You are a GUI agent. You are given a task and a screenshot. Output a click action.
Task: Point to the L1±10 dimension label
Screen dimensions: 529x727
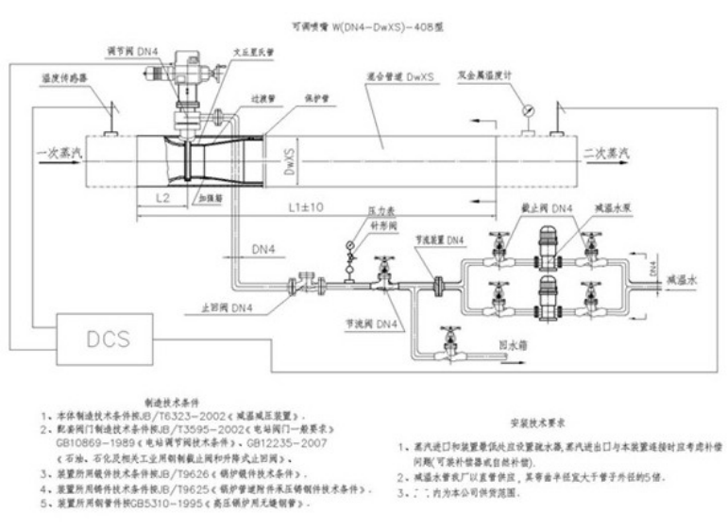click(x=306, y=206)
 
